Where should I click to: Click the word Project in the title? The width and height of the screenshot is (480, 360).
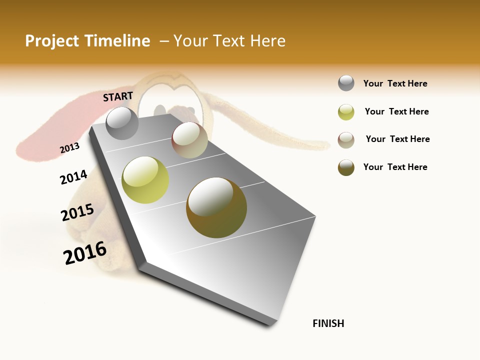coord(52,41)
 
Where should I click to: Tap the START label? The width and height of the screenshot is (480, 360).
coord(118,96)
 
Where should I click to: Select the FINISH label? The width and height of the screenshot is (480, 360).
coord(328,323)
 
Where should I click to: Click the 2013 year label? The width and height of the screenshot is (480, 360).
coord(69,148)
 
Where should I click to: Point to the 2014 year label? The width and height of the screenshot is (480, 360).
coord(73,177)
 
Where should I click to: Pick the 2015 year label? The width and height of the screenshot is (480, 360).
coord(77,212)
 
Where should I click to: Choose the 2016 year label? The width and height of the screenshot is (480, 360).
coord(85,252)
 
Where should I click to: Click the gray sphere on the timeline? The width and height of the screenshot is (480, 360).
coord(122,123)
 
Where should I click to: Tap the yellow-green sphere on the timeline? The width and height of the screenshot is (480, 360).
coord(145,180)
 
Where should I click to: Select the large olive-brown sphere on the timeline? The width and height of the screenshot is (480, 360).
coord(216,207)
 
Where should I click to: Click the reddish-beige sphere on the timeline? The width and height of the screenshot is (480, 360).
coord(189,140)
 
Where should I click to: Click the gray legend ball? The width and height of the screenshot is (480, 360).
coord(346,83)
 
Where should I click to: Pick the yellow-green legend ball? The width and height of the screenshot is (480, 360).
coord(346,112)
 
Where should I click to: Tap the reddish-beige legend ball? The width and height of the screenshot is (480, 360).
coord(346,140)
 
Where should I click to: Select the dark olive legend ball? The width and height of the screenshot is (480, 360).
coord(346,167)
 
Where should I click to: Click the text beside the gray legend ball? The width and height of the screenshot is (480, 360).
coord(395,83)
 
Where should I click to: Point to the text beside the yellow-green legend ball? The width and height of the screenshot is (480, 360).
coord(396,111)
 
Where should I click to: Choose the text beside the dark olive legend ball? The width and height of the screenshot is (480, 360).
coord(395,167)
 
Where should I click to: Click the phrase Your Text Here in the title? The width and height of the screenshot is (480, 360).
coord(229,41)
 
